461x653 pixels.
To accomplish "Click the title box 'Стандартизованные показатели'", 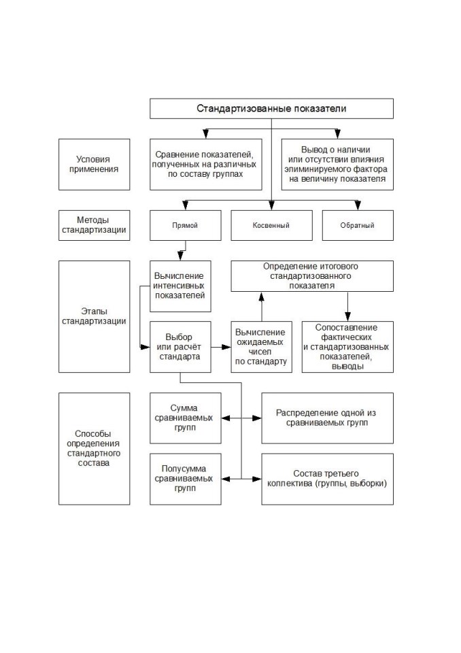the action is (x=271, y=109).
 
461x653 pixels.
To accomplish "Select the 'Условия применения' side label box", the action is (x=94, y=165).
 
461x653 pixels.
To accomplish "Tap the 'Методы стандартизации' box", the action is (x=94, y=225).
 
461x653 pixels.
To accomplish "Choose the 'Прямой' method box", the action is (x=186, y=225).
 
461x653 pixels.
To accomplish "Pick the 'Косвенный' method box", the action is (x=271, y=225).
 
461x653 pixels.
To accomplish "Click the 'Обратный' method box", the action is (x=358, y=225).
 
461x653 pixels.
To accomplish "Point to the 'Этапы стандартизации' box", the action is (x=94, y=316).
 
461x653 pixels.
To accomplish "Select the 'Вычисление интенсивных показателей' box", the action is (x=180, y=286).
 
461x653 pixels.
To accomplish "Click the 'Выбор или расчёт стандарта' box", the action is (x=180, y=347).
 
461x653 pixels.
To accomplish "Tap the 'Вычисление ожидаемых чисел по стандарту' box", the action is (x=262, y=347).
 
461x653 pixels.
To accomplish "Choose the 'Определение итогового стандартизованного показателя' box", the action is (x=312, y=276).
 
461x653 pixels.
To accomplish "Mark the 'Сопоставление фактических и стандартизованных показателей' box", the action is (x=347, y=347).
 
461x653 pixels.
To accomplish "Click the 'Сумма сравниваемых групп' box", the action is (x=186, y=418).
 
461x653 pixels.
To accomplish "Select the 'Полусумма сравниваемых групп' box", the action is (x=186, y=480).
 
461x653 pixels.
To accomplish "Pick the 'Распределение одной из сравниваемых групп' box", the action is (x=327, y=418).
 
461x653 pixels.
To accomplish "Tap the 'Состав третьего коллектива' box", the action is (x=327, y=480).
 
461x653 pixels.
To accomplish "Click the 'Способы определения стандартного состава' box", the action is (x=94, y=449).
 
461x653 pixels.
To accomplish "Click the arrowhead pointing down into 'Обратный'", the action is (x=357, y=205).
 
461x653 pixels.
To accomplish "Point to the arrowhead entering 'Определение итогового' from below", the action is (x=262, y=296).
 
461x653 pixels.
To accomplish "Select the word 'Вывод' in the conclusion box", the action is (x=312, y=150).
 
